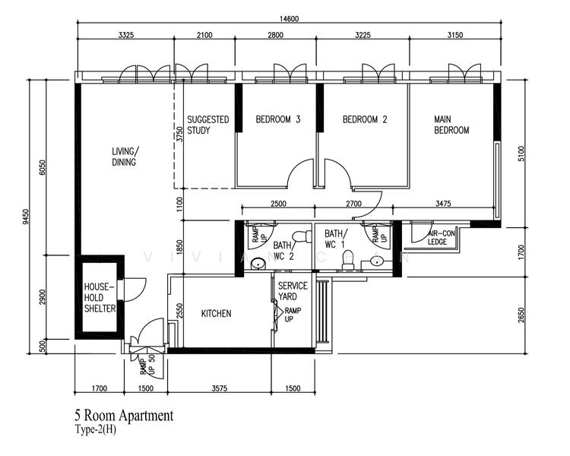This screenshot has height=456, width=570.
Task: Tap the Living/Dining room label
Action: click(124, 157)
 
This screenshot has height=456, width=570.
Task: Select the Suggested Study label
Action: click(208, 125)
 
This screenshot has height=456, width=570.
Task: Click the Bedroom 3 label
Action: click(278, 119)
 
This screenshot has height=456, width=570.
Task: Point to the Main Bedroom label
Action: click(451, 125)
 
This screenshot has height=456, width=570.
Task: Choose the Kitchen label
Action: click(216, 314)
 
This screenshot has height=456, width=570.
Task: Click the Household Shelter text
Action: click(100, 298)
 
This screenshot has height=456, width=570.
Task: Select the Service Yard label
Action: click(293, 291)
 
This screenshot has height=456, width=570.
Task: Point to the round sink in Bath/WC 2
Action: click(258, 264)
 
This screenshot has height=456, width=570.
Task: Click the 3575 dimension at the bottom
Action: click(220, 388)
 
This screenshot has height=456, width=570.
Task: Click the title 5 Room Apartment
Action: click(123, 416)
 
